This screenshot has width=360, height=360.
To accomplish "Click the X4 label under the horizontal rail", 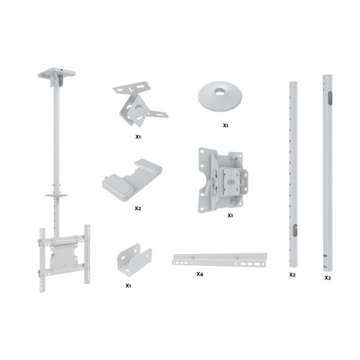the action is [x=200, y=274].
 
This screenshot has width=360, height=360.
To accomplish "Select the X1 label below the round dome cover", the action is [x=226, y=125].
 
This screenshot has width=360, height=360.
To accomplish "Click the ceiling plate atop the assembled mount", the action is [x=57, y=72].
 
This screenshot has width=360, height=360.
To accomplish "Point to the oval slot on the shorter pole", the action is [x=295, y=230].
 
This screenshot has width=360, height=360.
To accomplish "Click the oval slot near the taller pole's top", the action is [x=330, y=98].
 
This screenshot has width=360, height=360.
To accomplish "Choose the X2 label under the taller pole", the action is [x=327, y=278].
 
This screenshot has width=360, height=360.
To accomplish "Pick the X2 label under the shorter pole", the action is [x=292, y=275].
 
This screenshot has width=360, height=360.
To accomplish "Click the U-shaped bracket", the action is [x=134, y=260].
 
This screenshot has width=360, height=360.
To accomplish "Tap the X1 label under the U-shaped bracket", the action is [x=128, y=285].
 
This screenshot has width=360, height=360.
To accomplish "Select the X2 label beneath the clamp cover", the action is [x=138, y=208].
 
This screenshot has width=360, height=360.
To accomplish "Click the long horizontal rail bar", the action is [x=220, y=260].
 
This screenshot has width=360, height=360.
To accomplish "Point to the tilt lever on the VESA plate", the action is [x=209, y=187].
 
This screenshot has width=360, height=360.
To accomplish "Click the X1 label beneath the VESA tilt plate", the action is [x=230, y=215].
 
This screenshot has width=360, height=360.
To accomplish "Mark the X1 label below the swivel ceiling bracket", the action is [x=138, y=137].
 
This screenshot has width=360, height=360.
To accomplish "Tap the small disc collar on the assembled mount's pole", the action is [x=57, y=195].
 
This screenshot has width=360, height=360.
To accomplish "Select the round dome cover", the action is [x=220, y=97].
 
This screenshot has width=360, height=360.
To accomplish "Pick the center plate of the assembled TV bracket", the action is [x=64, y=256].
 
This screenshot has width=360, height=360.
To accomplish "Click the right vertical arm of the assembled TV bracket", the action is [x=87, y=254].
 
